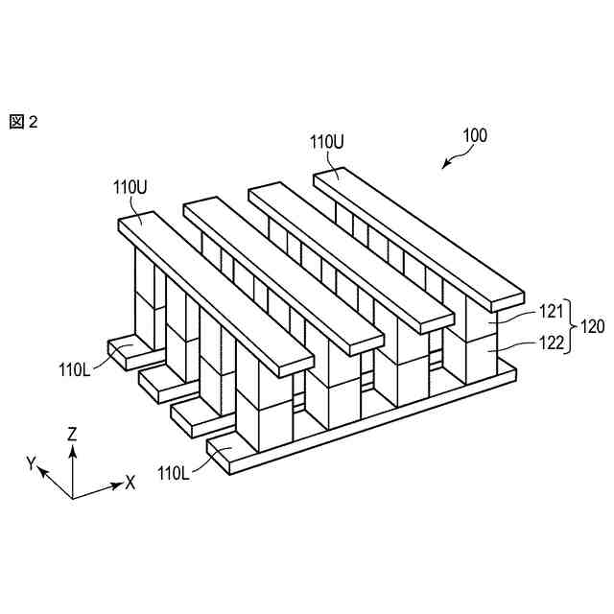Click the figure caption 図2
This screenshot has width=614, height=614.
[x=23, y=122]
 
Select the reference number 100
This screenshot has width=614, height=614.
[x=475, y=135]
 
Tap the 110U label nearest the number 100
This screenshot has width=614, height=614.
[x=326, y=141]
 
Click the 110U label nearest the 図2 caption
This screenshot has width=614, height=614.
[x=130, y=188]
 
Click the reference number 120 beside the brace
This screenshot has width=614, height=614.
[x=592, y=327]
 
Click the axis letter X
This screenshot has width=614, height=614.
[x=130, y=483]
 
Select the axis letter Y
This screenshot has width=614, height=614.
[x=31, y=464]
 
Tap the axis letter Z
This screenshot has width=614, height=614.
[x=72, y=435]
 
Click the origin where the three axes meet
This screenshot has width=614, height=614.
[x=72, y=498]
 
